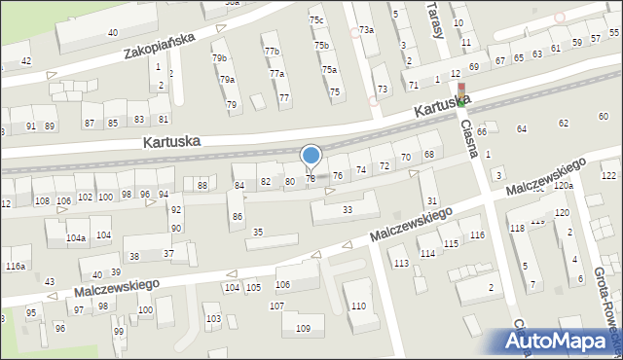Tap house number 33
point(348,209)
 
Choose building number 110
point(358,306)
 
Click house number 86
point(238,216)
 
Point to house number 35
point(258,232)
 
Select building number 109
point(303,327)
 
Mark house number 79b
point(220,58)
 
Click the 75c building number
point(316,19)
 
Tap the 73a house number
point(366,30)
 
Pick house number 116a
point(15,266)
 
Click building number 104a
point(76,237)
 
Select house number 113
point(400,264)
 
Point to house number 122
point(608,175)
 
